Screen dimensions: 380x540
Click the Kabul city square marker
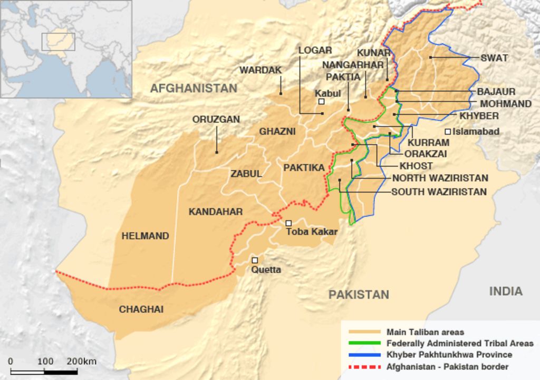(x=321, y=101)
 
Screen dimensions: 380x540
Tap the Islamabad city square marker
(x=448, y=132)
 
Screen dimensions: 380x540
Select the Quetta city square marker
(x=255, y=260)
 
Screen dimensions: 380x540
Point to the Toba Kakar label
(x=311, y=231)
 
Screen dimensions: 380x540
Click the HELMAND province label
(x=146, y=236)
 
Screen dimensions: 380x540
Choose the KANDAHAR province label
(x=216, y=212)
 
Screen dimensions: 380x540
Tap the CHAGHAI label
(x=141, y=309)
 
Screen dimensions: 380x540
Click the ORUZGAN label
(x=216, y=119)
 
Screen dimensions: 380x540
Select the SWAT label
(x=494, y=58)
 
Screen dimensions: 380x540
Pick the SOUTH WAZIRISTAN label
(x=439, y=192)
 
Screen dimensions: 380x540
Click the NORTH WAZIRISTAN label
(x=440, y=178)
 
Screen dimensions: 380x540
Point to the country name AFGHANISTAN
(x=194, y=88)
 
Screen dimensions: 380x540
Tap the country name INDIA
(x=505, y=291)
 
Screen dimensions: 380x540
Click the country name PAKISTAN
(x=359, y=294)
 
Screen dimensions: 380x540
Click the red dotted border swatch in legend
(x=364, y=366)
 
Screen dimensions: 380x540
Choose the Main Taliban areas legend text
(x=425, y=332)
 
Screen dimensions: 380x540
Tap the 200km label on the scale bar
(x=81, y=362)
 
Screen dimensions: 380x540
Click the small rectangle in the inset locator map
(x=58, y=42)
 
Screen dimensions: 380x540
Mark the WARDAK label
(x=261, y=70)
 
